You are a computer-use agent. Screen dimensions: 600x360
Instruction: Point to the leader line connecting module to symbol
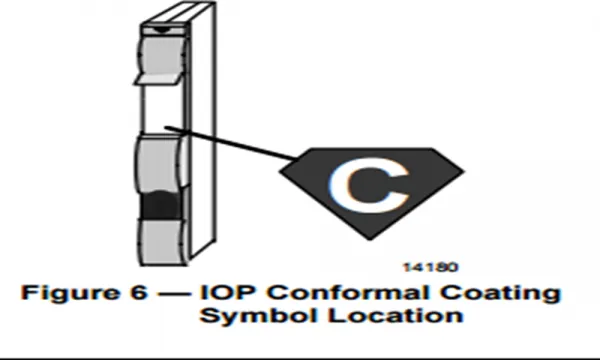pos(231,142)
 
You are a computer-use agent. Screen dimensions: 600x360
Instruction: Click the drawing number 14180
pos(430,267)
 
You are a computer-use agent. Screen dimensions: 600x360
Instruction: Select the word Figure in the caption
pos(70,293)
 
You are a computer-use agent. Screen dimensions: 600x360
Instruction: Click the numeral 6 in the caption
pos(139,292)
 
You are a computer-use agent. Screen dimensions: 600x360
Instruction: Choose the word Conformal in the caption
pos(349,292)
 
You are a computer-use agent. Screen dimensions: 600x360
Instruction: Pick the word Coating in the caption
pos(500,293)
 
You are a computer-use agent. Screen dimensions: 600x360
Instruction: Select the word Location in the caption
pos(395,316)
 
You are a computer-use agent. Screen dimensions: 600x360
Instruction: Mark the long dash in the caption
pos(174,294)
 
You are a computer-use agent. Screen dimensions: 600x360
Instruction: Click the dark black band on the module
pos(161,205)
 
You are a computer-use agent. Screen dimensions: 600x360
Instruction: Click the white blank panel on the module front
pos(163,108)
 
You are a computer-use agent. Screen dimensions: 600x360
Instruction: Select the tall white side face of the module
pos(203,130)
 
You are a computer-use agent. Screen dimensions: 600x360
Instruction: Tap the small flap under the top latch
pos(157,79)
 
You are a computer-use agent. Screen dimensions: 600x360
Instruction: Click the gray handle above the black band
pos(159,163)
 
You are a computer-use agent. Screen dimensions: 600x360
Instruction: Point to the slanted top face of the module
pos(178,14)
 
